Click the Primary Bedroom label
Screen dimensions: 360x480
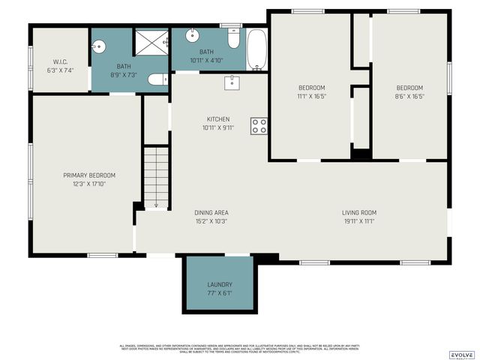(x=89, y=175)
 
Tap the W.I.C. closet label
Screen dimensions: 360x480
(x=61, y=61)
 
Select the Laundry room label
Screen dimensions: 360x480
(x=220, y=285)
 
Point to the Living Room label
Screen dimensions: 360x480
(x=359, y=212)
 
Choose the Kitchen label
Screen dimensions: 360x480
(x=218, y=119)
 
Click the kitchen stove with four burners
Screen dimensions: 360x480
(x=259, y=126)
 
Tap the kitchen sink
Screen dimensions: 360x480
(x=232, y=82)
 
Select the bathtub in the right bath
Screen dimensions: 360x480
(x=256, y=49)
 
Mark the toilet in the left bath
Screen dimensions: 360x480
(x=157, y=79)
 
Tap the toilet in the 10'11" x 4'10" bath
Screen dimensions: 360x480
(x=234, y=38)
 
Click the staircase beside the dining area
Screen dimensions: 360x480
(x=156, y=177)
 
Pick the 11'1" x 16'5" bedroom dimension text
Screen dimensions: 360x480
(x=311, y=96)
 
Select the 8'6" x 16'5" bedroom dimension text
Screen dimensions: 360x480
(x=409, y=96)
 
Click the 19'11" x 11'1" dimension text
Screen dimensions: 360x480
(x=359, y=220)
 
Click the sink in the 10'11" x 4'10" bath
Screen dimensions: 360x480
(x=193, y=34)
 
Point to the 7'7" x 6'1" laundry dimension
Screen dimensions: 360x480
(x=220, y=293)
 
